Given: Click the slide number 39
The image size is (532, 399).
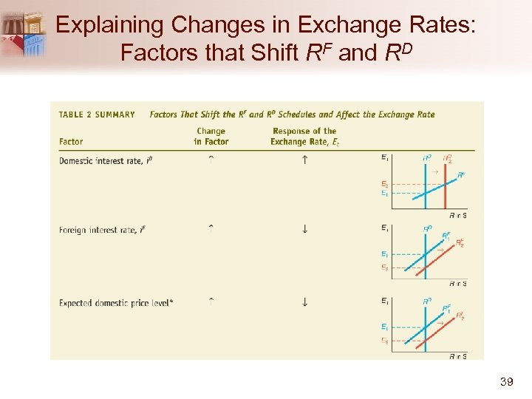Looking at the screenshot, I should pos(506,381).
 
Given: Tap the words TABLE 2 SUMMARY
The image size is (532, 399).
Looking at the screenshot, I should pos(97,115).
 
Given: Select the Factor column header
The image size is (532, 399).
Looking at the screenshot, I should pos(71,142).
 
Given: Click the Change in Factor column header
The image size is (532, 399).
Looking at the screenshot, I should pos(211,137).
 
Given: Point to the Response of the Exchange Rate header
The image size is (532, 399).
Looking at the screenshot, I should pos(304,137).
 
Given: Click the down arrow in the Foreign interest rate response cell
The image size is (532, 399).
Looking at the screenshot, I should pos(304,230).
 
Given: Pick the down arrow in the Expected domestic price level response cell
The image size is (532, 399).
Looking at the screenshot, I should pos(304,301).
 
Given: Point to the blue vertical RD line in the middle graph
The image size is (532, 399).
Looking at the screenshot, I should pos(426,255).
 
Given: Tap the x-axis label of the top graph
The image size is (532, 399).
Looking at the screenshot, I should pos(458,215).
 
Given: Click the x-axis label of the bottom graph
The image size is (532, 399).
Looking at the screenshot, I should pos(458,356).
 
